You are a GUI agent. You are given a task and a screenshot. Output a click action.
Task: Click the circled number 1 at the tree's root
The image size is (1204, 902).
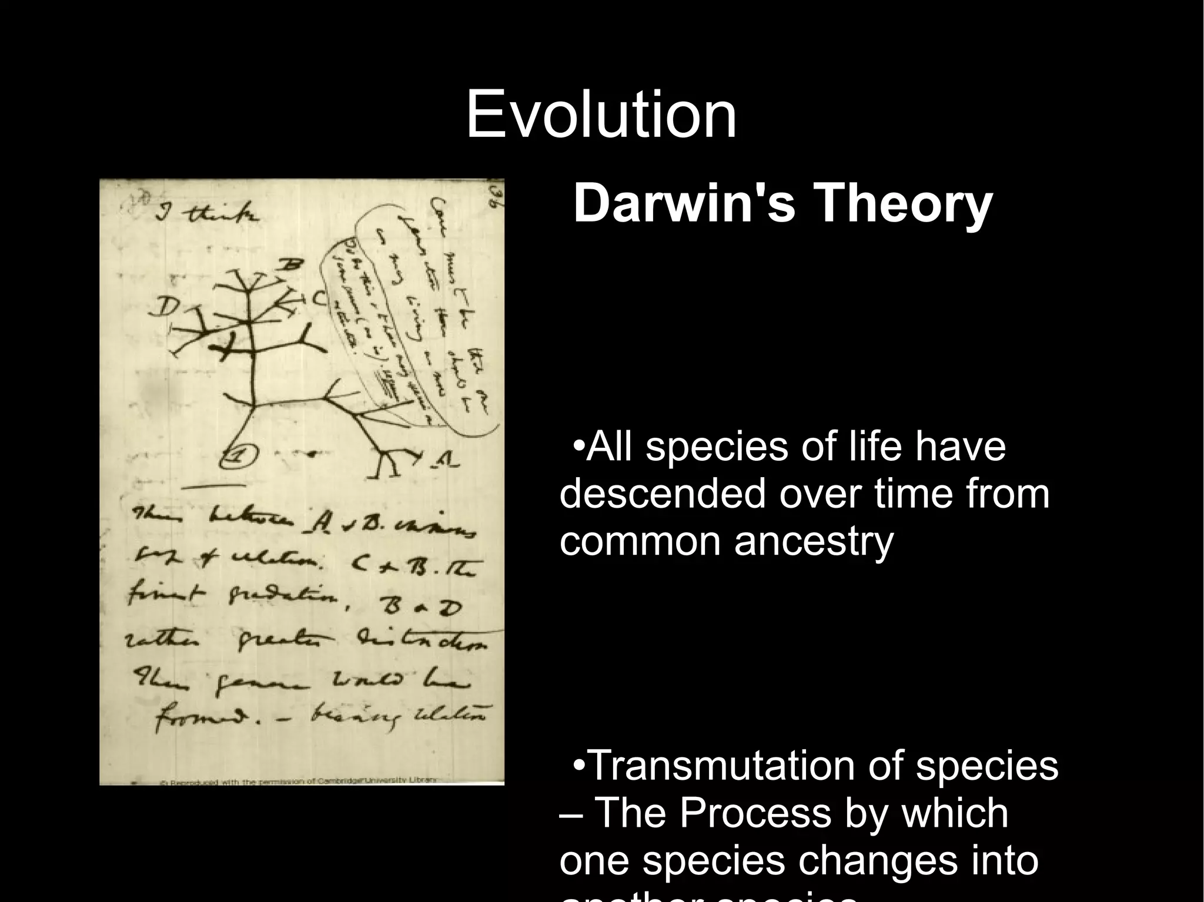240,455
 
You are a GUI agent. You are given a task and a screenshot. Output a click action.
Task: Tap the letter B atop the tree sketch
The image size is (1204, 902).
290,266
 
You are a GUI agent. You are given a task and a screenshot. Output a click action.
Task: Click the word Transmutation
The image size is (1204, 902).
723,766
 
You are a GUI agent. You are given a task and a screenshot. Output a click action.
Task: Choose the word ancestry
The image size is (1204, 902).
814,541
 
